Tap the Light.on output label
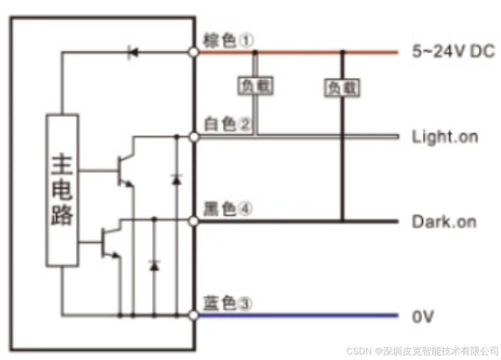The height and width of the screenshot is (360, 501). pos(445,137)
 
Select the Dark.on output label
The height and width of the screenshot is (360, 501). pos(444,222)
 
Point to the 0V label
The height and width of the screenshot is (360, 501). pos(423,316)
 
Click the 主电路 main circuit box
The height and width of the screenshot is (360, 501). pos(62,190)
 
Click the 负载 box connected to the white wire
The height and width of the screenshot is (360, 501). pos(255,86)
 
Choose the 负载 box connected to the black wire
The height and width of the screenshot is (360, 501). pos(342,88)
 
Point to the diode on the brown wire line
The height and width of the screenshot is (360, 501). pos(133,52)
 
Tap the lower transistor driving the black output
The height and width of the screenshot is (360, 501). pos(110,242)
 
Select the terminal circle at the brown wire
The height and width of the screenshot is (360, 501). pos(193,52)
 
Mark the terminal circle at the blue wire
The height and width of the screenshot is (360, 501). pos(193,315)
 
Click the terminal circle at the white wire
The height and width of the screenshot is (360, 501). pos(193,137)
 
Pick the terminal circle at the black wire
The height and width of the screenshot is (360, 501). pos(193,222)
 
